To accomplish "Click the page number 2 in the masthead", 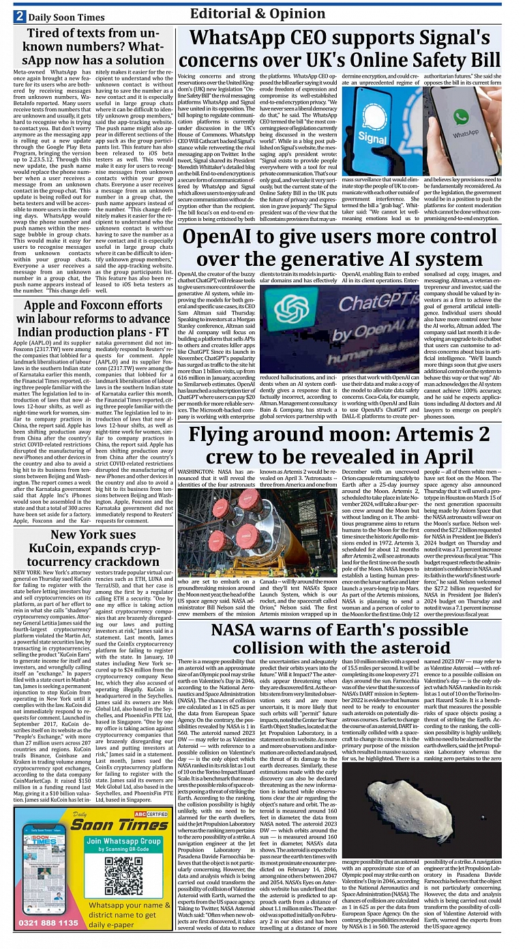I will [20, 16].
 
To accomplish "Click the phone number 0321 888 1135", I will [48, 922].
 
